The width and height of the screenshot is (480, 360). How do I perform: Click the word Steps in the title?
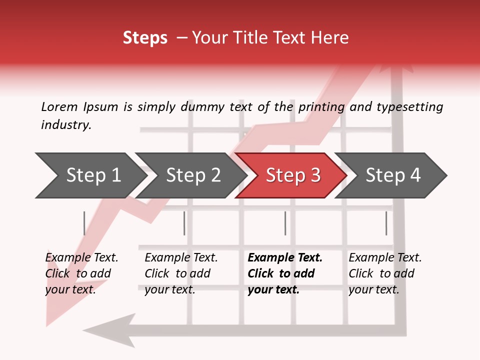[145, 37]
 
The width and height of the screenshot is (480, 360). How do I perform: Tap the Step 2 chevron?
[193, 175]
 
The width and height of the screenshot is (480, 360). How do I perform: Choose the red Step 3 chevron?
[293, 175]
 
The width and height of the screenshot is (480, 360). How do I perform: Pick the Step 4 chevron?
[393, 175]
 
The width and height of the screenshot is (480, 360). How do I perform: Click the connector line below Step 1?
[84, 223]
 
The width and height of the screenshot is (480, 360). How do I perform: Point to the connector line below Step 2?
[184, 223]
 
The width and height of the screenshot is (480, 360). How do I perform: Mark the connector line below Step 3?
[285, 223]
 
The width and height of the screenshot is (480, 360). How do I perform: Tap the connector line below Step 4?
[386, 223]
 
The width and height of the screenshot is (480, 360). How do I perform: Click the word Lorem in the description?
[59, 106]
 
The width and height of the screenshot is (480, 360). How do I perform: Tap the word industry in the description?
[66, 124]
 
